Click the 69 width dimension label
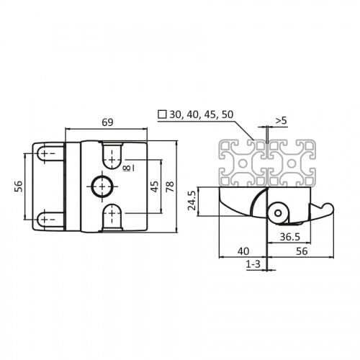click(107, 122)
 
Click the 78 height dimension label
click(170, 186)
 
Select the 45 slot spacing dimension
click(155, 186)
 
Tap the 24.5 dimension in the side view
click(192, 201)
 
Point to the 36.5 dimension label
click(290, 237)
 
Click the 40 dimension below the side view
click(243, 251)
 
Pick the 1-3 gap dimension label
click(253, 264)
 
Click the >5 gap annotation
click(281, 120)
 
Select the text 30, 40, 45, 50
click(202, 114)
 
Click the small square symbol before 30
click(162, 114)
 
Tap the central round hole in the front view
click(102, 186)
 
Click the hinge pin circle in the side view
click(278, 213)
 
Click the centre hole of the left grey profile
click(243, 163)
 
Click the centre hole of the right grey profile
click(292, 163)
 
